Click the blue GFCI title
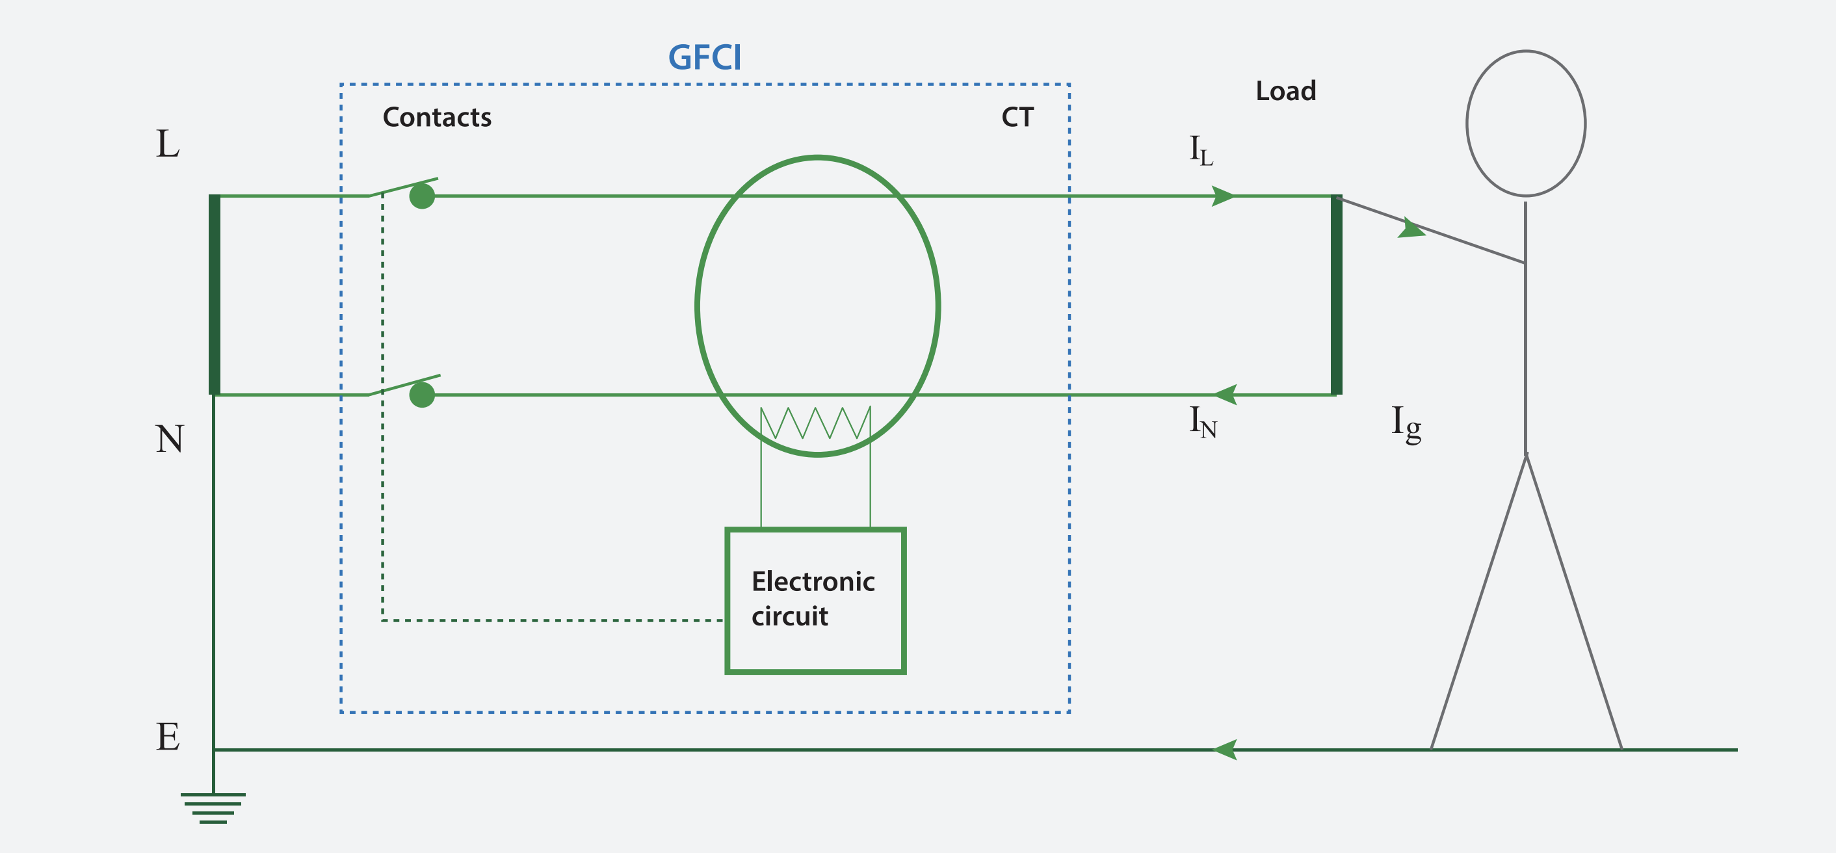click(x=704, y=58)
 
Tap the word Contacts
click(x=437, y=118)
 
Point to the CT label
click(x=1017, y=118)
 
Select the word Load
click(x=1286, y=91)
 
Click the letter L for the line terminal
click(x=168, y=145)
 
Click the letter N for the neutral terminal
click(x=170, y=439)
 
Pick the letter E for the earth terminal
click(x=168, y=737)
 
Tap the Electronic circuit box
click(x=815, y=601)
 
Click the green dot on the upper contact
click(x=422, y=196)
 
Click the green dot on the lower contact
click(x=422, y=394)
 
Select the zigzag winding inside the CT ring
click(x=815, y=423)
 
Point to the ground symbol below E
click(x=213, y=808)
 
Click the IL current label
click(x=1201, y=150)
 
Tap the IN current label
click(x=1202, y=422)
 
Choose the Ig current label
click(x=1406, y=423)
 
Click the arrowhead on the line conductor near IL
click(x=1222, y=196)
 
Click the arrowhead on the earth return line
click(x=1224, y=750)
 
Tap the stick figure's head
click(x=1526, y=124)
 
